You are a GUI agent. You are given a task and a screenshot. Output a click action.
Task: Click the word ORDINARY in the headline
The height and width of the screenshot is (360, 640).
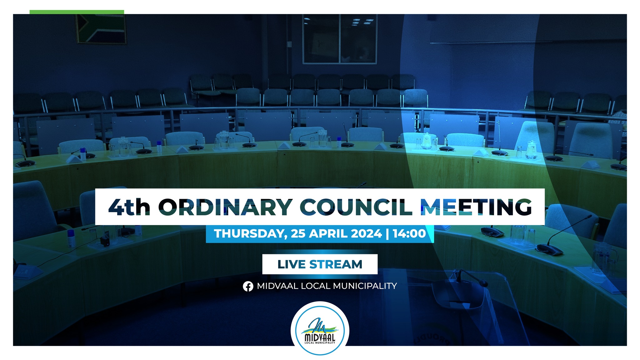click(x=225, y=207)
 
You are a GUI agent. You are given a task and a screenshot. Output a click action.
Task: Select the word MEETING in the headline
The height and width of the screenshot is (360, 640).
click(x=476, y=207)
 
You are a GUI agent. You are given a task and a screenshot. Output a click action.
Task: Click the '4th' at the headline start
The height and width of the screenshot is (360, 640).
click(x=129, y=207)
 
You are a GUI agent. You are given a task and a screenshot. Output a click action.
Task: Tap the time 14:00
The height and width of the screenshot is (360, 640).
click(x=409, y=233)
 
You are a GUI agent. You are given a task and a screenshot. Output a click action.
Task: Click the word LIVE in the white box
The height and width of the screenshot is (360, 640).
click(x=292, y=264)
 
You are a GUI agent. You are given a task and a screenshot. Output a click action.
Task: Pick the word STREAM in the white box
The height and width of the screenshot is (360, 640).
click(x=336, y=264)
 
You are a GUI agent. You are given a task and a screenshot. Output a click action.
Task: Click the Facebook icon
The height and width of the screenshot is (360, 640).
click(x=248, y=286)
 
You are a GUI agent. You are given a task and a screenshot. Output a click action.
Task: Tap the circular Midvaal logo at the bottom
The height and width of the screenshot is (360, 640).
click(x=320, y=328)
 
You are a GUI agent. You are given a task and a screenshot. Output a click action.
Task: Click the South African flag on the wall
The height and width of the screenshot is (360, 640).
click(x=101, y=29)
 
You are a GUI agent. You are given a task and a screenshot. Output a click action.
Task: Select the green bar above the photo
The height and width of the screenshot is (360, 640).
click(x=77, y=12)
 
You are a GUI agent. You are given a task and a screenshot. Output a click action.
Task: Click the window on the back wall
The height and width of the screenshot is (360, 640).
click(x=339, y=39)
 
